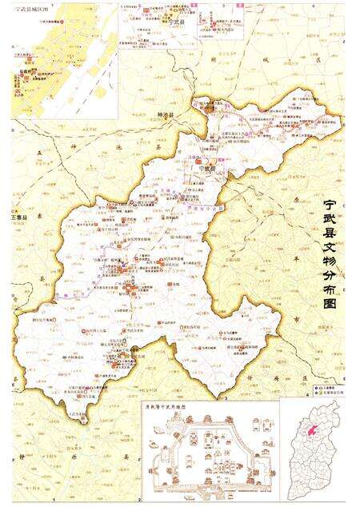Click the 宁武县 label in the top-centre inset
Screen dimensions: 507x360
178,24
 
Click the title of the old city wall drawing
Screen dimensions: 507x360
190,405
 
